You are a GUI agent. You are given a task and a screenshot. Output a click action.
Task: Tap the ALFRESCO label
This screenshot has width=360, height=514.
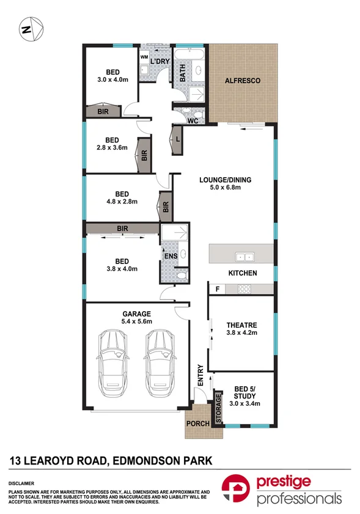243,81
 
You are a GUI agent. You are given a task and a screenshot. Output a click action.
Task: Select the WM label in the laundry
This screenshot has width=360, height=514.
145,57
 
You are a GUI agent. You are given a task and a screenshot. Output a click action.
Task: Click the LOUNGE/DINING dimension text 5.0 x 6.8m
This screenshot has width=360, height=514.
225,188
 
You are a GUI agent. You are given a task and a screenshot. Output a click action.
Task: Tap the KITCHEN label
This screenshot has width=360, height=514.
242,273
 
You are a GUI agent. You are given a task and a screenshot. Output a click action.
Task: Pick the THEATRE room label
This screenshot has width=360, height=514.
242,325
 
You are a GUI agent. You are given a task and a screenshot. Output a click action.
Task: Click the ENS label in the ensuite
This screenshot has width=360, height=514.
171,255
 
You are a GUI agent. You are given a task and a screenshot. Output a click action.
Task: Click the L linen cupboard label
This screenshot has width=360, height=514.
177,140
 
